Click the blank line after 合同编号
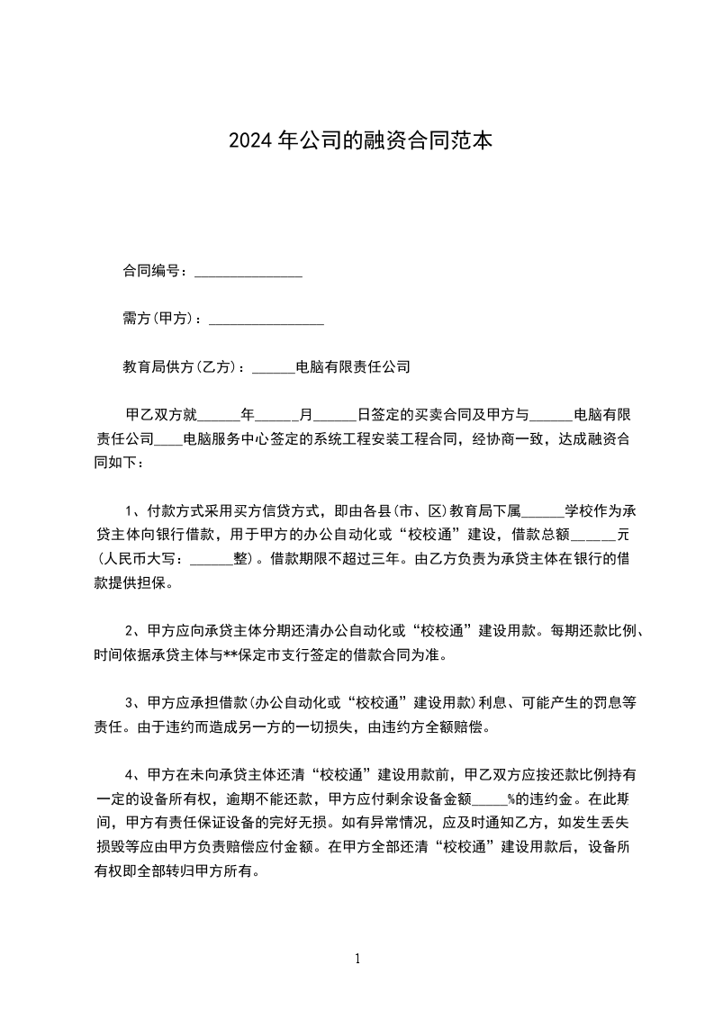[248, 273]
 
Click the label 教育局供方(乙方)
[180, 367]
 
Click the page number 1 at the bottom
[357, 960]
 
